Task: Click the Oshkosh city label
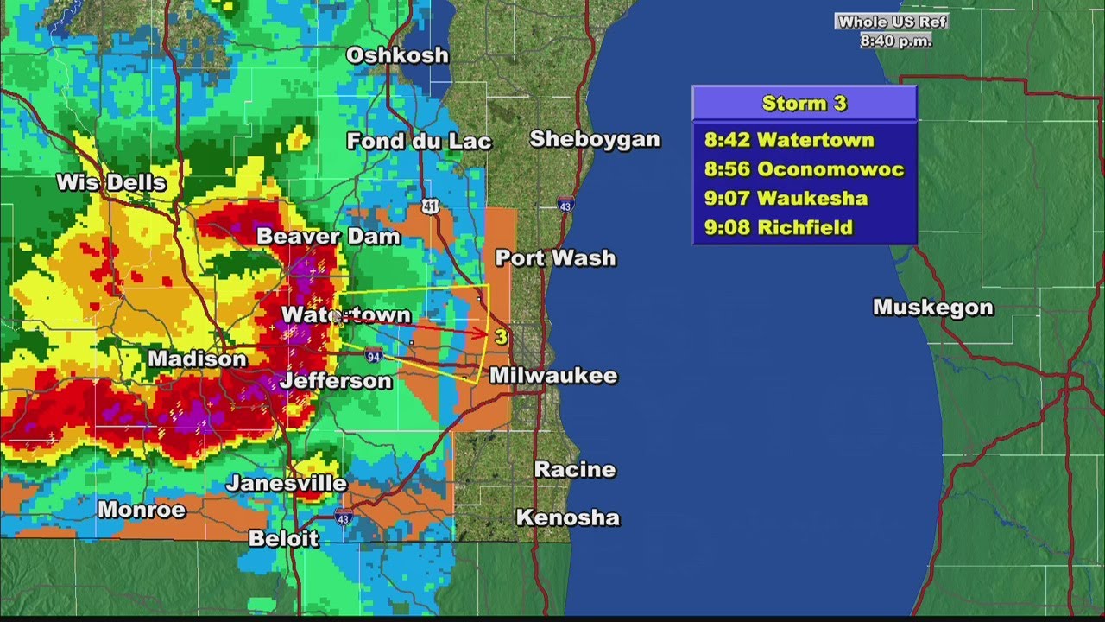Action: (397, 55)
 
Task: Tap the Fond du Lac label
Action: (419, 141)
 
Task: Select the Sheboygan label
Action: (594, 139)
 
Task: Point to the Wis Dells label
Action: (111, 182)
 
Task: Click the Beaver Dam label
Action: (328, 236)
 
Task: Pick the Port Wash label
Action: (555, 257)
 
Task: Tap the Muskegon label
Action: (933, 308)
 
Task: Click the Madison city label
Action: (197, 359)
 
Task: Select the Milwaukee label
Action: (553, 376)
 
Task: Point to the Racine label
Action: (575, 470)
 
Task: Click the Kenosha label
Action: (567, 517)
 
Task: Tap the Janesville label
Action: (287, 483)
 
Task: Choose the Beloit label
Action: (283, 538)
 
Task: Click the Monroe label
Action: (142, 510)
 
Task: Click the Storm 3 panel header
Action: (804, 104)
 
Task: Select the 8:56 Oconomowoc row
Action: (804, 169)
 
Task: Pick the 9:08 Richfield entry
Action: (778, 228)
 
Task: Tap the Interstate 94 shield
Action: (373, 354)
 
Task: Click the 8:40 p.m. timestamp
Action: (895, 41)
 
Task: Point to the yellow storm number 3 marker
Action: (501, 336)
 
